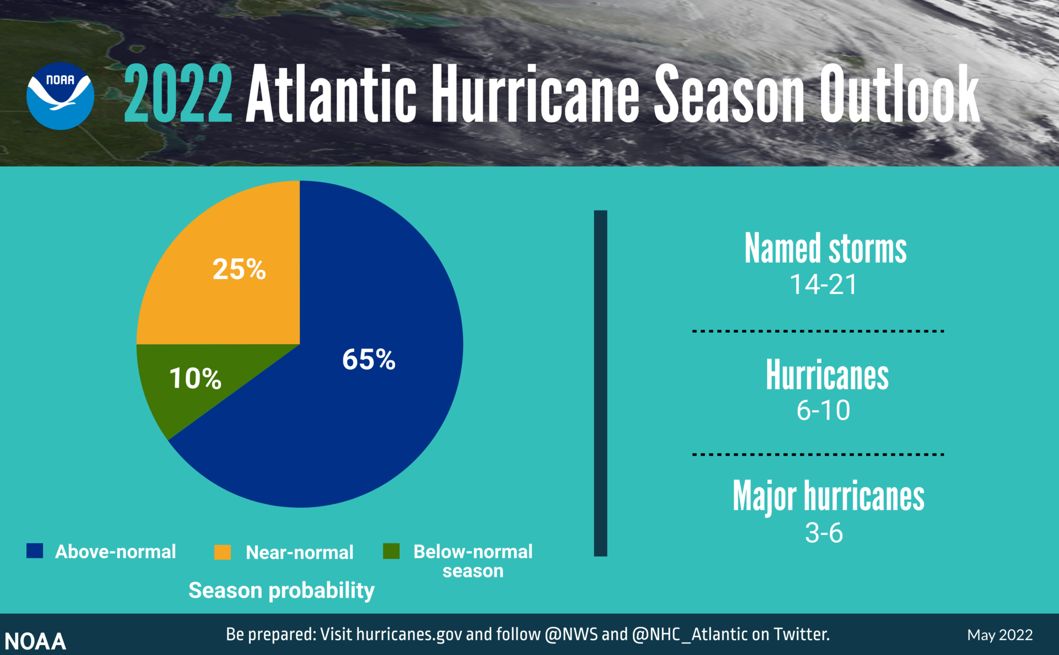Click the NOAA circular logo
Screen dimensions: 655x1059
click(60, 96)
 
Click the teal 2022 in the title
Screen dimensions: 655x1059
click(178, 94)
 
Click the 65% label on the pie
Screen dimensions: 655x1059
click(369, 359)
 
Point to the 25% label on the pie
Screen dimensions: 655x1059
click(239, 270)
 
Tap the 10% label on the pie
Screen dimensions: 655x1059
click(195, 378)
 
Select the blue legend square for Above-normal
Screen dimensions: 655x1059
click(35, 551)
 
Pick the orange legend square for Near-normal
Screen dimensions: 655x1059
click(222, 552)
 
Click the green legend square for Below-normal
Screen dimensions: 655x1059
click(391, 551)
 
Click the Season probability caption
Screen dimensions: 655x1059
click(281, 590)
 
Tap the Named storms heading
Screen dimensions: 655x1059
click(825, 249)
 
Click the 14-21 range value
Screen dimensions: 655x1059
click(823, 285)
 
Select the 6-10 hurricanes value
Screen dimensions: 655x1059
click(823, 410)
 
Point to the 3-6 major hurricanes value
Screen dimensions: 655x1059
click(824, 533)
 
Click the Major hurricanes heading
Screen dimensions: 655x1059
click(828, 496)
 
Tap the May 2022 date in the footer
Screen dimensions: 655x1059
click(1000, 635)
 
